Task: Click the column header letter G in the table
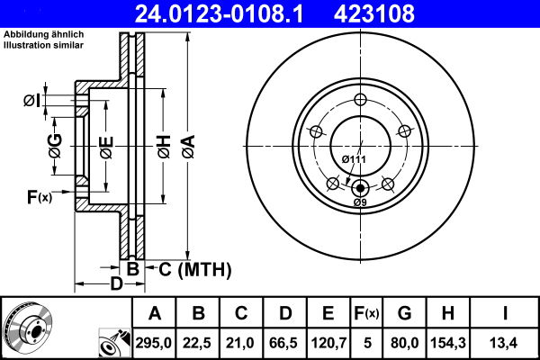tap(404, 313)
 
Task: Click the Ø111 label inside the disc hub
tap(354, 159)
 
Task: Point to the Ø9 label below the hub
tap(360, 202)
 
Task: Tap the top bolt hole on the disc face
tap(360, 100)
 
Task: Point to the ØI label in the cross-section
tap(31, 100)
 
